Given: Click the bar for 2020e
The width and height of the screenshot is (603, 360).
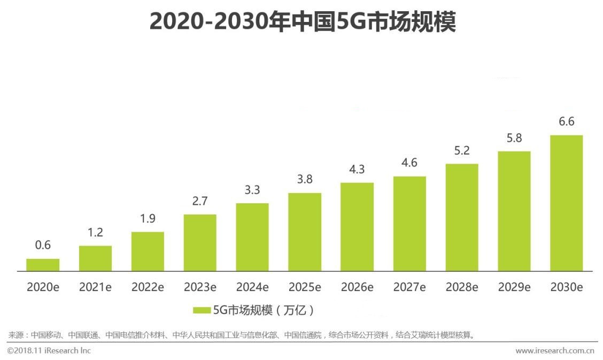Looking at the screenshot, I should point(43,265).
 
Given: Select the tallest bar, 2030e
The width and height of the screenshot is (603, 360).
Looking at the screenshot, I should point(566,203).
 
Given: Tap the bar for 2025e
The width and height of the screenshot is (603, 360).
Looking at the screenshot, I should point(305,232).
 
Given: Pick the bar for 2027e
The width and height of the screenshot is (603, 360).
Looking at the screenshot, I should point(409,224).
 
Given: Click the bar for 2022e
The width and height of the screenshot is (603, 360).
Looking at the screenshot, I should point(148,251).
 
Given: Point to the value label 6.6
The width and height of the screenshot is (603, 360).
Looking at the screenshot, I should point(566,122).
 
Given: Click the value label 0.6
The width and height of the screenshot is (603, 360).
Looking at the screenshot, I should point(43,246).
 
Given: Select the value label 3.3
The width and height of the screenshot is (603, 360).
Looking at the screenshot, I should point(252,190).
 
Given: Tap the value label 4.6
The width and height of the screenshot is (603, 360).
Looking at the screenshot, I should point(409,163).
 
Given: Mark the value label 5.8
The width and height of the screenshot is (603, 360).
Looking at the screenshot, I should point(514,138).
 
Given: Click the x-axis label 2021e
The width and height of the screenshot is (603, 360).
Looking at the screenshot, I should point(95,287).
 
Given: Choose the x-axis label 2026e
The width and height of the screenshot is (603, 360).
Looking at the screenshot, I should point(357,287).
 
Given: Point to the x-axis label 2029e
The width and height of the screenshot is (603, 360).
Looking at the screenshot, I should point(514,287).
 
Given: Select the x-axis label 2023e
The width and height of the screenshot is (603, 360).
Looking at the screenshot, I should point(200,287).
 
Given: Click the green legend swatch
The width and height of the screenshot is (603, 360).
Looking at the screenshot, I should point(202,310).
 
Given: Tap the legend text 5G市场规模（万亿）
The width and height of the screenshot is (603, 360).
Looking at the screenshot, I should point(263,310).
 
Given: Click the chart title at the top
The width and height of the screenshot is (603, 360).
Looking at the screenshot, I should point(302,22).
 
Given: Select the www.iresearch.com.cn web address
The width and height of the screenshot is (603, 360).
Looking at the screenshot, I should point(554,351).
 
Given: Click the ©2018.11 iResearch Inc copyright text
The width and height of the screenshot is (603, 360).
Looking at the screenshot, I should point(49,350).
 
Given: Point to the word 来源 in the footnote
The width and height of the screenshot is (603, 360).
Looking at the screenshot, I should point(15,335).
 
